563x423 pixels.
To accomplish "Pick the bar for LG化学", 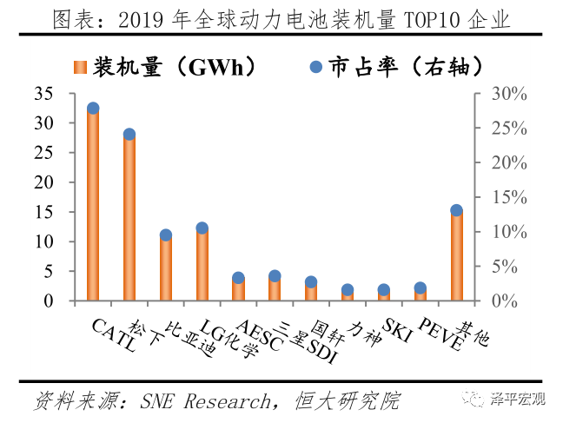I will point(202,265).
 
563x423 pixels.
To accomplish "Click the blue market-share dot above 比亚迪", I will point(166,235).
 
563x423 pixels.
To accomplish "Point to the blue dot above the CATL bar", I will point(93,109).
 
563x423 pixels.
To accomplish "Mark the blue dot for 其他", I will point(456,210).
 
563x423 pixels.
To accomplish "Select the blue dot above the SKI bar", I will point(383,290).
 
